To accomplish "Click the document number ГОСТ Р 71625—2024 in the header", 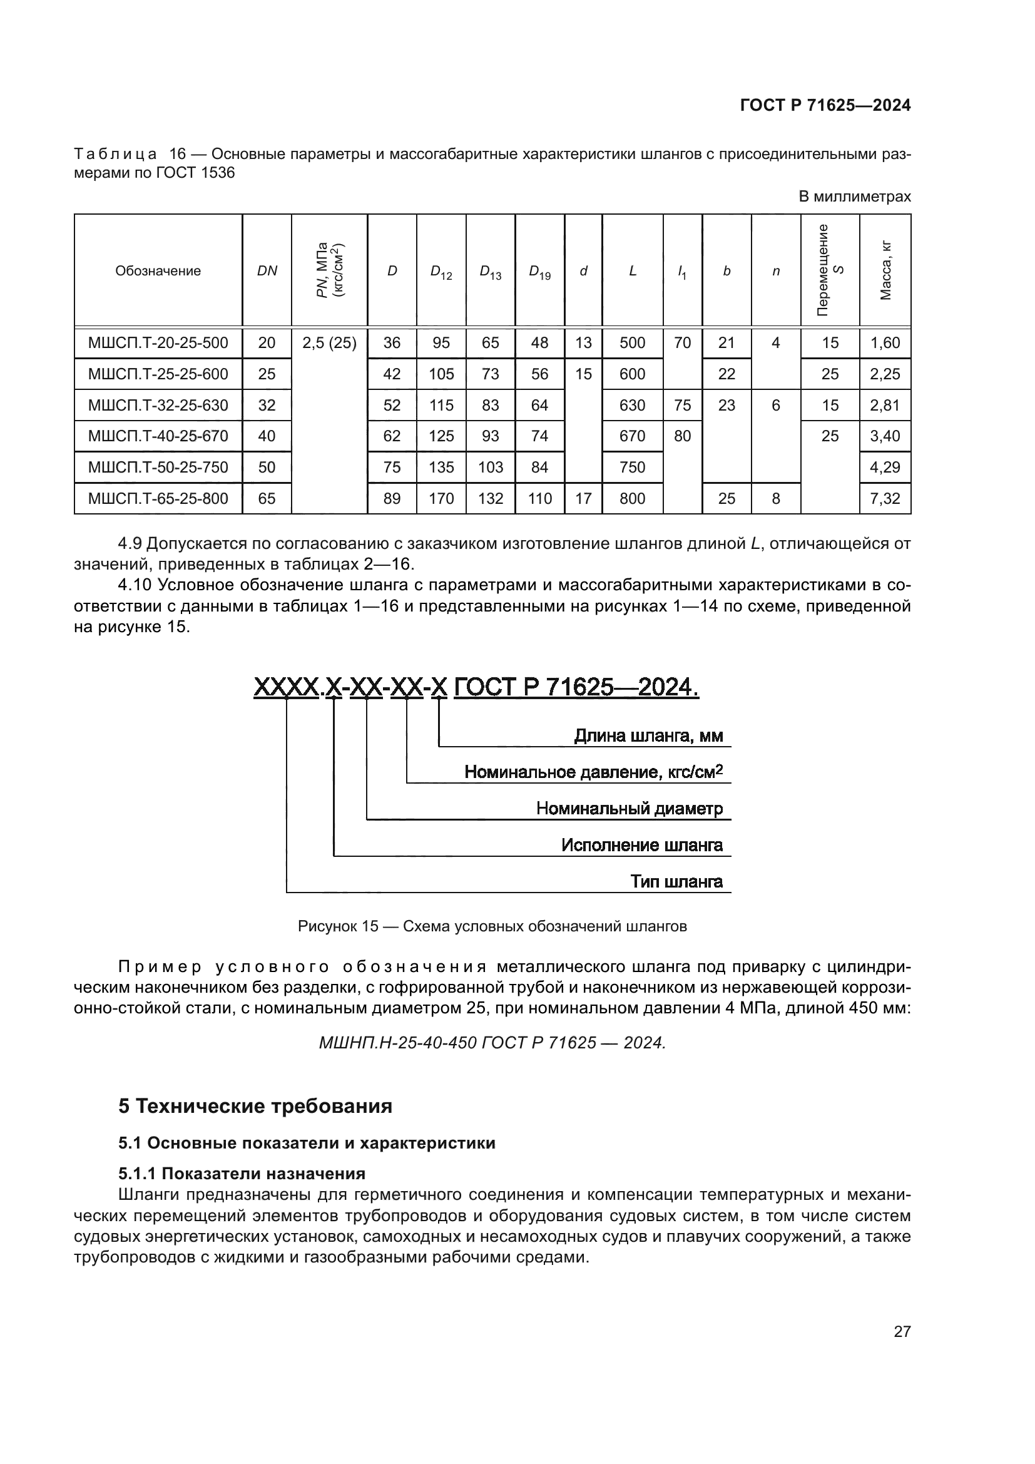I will point(825,105).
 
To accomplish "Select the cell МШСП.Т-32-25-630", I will point(158,405).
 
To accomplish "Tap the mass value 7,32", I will point(885,498).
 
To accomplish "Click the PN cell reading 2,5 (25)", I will point(329,343).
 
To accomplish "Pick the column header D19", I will point(539,271).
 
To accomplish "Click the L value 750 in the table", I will point(632,468).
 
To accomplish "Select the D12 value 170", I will point(441,498).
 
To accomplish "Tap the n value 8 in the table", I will point(775,498).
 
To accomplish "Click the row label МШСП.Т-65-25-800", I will point(158,498).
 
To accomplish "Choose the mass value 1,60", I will point(885,343).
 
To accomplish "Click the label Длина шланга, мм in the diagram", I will point(648,736).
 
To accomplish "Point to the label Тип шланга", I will point(676,882).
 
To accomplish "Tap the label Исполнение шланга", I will point(641,846).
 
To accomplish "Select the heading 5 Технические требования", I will point(255,1106).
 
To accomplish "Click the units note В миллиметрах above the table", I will point(854,197).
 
